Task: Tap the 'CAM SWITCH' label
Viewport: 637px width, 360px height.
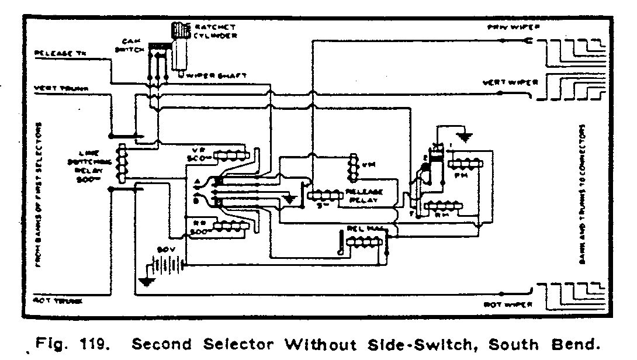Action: click(x=130, y=46)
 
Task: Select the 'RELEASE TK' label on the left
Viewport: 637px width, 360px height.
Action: click(x=61, y=54)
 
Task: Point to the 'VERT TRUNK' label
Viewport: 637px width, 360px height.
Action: click(x=61, y=88)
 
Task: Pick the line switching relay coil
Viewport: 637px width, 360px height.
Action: click(x=122, y=164)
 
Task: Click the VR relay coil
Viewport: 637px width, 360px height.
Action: click(x=232, y=156)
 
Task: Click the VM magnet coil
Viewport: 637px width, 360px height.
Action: click(x=353, y=167)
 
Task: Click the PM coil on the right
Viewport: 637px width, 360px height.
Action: click(x=468, y=162)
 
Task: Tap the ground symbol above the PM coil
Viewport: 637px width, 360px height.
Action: click(x=465, y=138)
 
